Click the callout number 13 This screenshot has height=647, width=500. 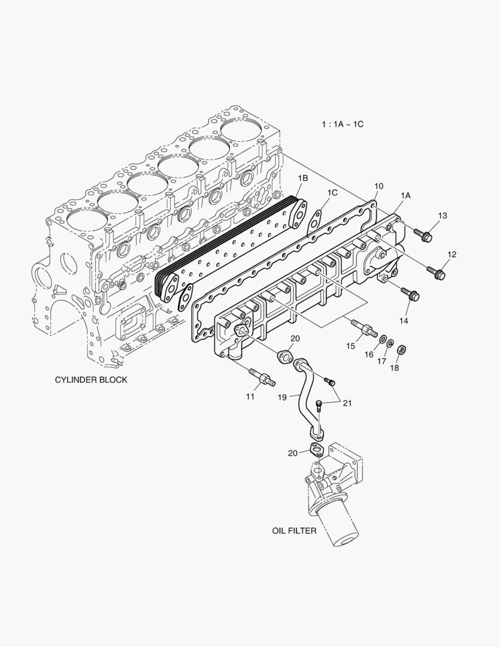pos(443,215)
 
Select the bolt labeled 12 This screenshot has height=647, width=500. pos(436,273)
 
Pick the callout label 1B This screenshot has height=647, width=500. pos(303,178)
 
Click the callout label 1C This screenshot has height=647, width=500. pos(332,192)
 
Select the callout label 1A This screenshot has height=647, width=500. pos(405,195)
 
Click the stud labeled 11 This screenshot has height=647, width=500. pos(263,377)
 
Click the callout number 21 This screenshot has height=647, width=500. pos(347,403)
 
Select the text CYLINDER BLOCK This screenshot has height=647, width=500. pos(91,380)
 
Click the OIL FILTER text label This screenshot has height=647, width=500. pos(294,531)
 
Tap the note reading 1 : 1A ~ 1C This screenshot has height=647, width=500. pos(343,124)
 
